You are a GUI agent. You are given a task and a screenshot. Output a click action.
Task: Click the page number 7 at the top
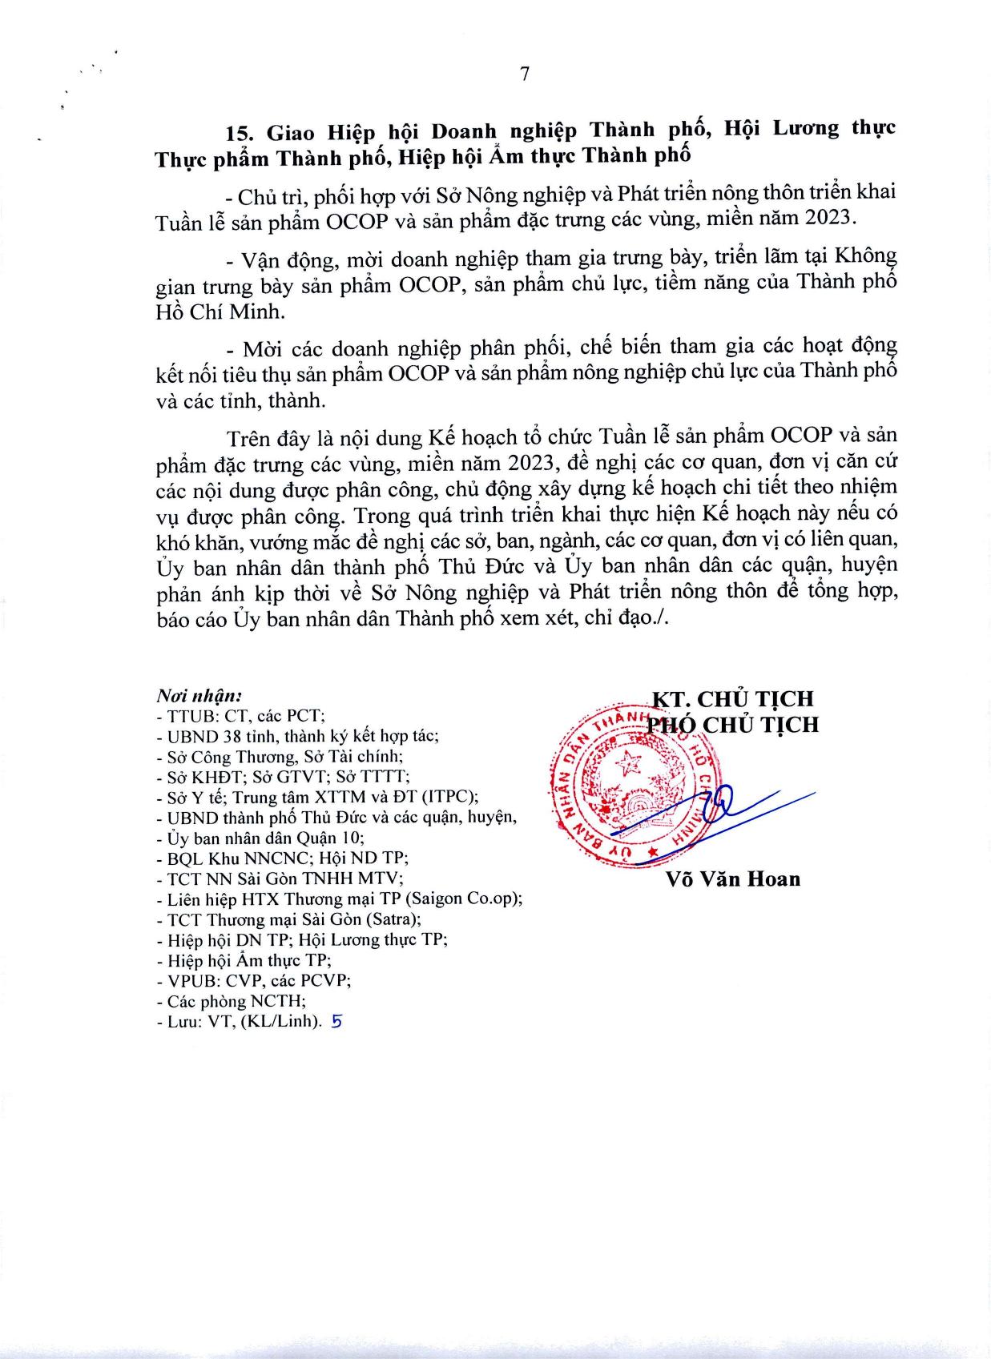click(524, 74)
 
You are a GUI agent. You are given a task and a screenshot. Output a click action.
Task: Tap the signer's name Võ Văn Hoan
click(732, 879)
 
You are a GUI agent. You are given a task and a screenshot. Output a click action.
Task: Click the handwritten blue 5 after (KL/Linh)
click(336, 1022)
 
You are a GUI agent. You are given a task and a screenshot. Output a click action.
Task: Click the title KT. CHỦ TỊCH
click(732, 698)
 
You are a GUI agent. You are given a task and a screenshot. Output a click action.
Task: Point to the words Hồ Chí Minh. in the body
click(220, 312)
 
